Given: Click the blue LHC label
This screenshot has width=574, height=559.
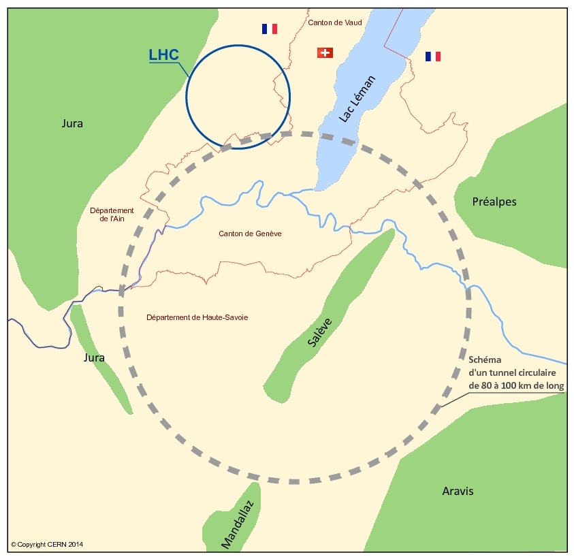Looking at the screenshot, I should pos(163,54).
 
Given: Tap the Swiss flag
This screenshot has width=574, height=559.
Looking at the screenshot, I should pos(325,52).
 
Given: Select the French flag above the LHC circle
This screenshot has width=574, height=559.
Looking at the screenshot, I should pos(270,29).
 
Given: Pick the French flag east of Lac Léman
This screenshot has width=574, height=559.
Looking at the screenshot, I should pos(432,56).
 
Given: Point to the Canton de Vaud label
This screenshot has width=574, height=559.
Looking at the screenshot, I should pos(335,22).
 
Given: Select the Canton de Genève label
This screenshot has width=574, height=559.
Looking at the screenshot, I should pos(250,234).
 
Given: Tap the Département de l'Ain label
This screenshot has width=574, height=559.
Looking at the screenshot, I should pos(112,214).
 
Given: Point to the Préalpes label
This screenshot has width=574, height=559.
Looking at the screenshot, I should pos(494,202).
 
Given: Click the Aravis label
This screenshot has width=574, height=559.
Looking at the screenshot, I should pos(458,491).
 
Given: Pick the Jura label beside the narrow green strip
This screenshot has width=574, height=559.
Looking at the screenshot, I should pos(95,357).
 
